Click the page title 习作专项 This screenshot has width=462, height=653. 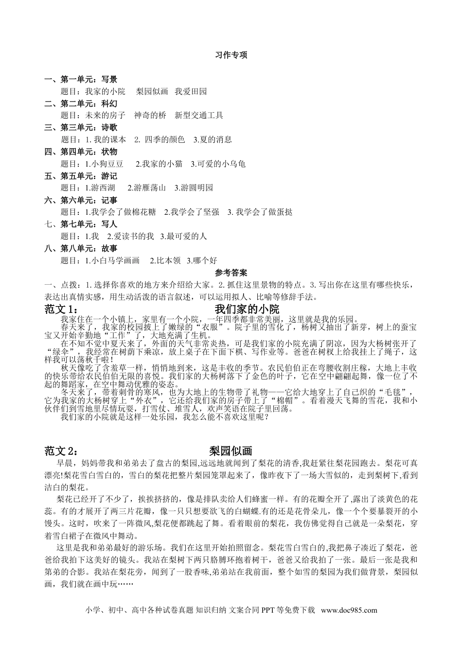tap(231, 55)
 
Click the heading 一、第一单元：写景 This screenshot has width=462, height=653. tap(81, 79)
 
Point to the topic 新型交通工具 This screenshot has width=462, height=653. tap(199, 116)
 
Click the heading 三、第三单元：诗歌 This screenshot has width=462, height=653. tap(81, 128)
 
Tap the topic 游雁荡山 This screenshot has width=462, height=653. tap(150, 188)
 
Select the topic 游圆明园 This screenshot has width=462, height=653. tap(196, 188)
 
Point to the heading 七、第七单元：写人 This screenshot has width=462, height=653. tap(81, 224)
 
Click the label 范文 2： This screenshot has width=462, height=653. tap(61, 450)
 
